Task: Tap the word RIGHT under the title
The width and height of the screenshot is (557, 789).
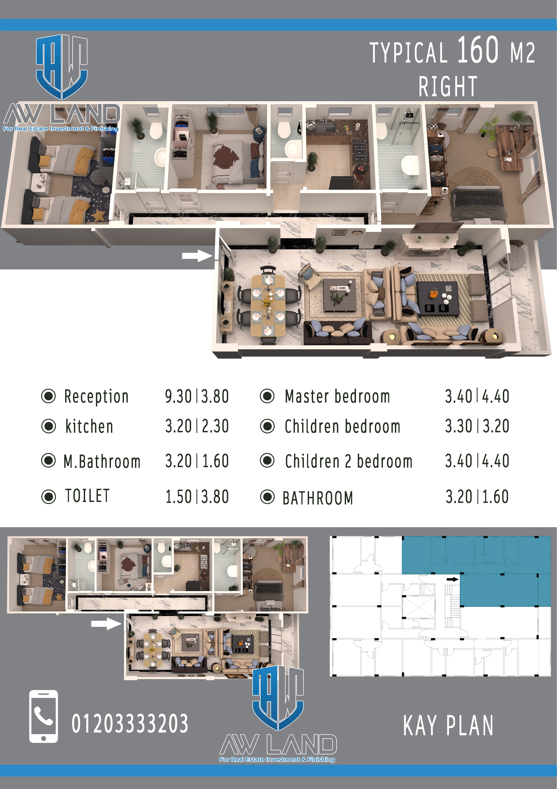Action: (448, 87)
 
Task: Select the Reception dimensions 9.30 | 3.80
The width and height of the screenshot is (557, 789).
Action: (197, 396)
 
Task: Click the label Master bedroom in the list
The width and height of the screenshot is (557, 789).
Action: (337, 396)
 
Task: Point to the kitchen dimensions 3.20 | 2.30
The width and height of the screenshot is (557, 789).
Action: (197, 426)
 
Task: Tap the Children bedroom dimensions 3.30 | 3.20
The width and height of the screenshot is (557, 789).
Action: (477, 426)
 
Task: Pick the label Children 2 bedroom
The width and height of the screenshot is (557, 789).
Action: (349, 461)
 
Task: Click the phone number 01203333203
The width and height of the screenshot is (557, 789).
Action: (130, 723)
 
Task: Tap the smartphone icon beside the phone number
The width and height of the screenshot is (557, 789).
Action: (44, 717)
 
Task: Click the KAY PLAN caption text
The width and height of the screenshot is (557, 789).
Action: (448, 725)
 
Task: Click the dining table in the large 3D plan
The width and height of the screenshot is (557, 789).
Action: (268, 305)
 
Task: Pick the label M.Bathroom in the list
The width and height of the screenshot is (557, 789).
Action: (102, 461)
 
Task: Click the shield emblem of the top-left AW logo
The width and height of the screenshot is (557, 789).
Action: (62, 67)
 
